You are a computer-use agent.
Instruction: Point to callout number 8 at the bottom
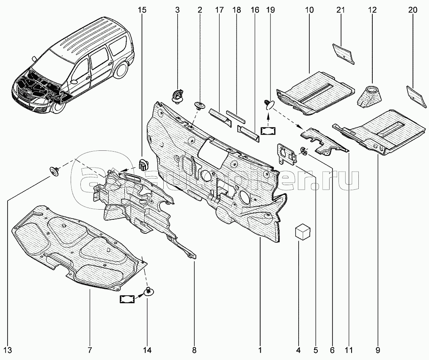(194, 350)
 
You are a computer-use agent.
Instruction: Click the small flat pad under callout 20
(413, 94)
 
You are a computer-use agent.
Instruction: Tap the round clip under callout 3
(177, 95)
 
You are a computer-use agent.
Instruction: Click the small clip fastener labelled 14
(148, 291)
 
